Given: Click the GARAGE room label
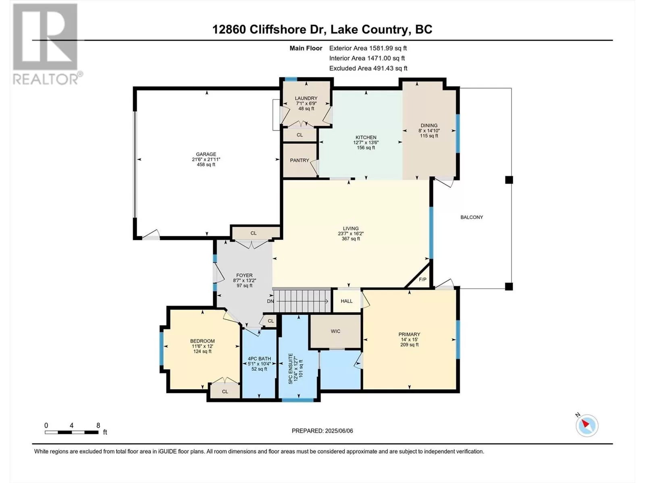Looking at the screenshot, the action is tap(206, 154).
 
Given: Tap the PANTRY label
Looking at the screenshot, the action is tap(300, 160).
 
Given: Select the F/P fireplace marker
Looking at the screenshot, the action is tap(422, 279).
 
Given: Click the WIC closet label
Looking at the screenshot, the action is tap(335, 331).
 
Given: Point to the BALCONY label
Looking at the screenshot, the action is tap(472, 217).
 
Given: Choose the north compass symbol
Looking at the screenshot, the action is tap(587, 425).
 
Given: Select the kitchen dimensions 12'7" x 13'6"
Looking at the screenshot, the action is tap(366, 142).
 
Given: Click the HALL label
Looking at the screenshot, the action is tap(346, 301).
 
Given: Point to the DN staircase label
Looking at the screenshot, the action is tap(270, 301).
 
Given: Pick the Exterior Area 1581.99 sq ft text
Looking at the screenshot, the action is tap(368, 48).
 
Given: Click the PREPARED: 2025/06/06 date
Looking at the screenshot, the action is tap(322, 431).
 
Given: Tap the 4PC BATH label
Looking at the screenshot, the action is tap(259, 358).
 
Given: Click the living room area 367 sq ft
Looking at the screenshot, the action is tap(351, 239).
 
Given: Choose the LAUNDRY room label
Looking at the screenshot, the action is tap(306, 98).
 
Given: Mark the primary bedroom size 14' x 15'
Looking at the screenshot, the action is tap(409, 340).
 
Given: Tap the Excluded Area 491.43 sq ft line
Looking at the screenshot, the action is tap(368, 68).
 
